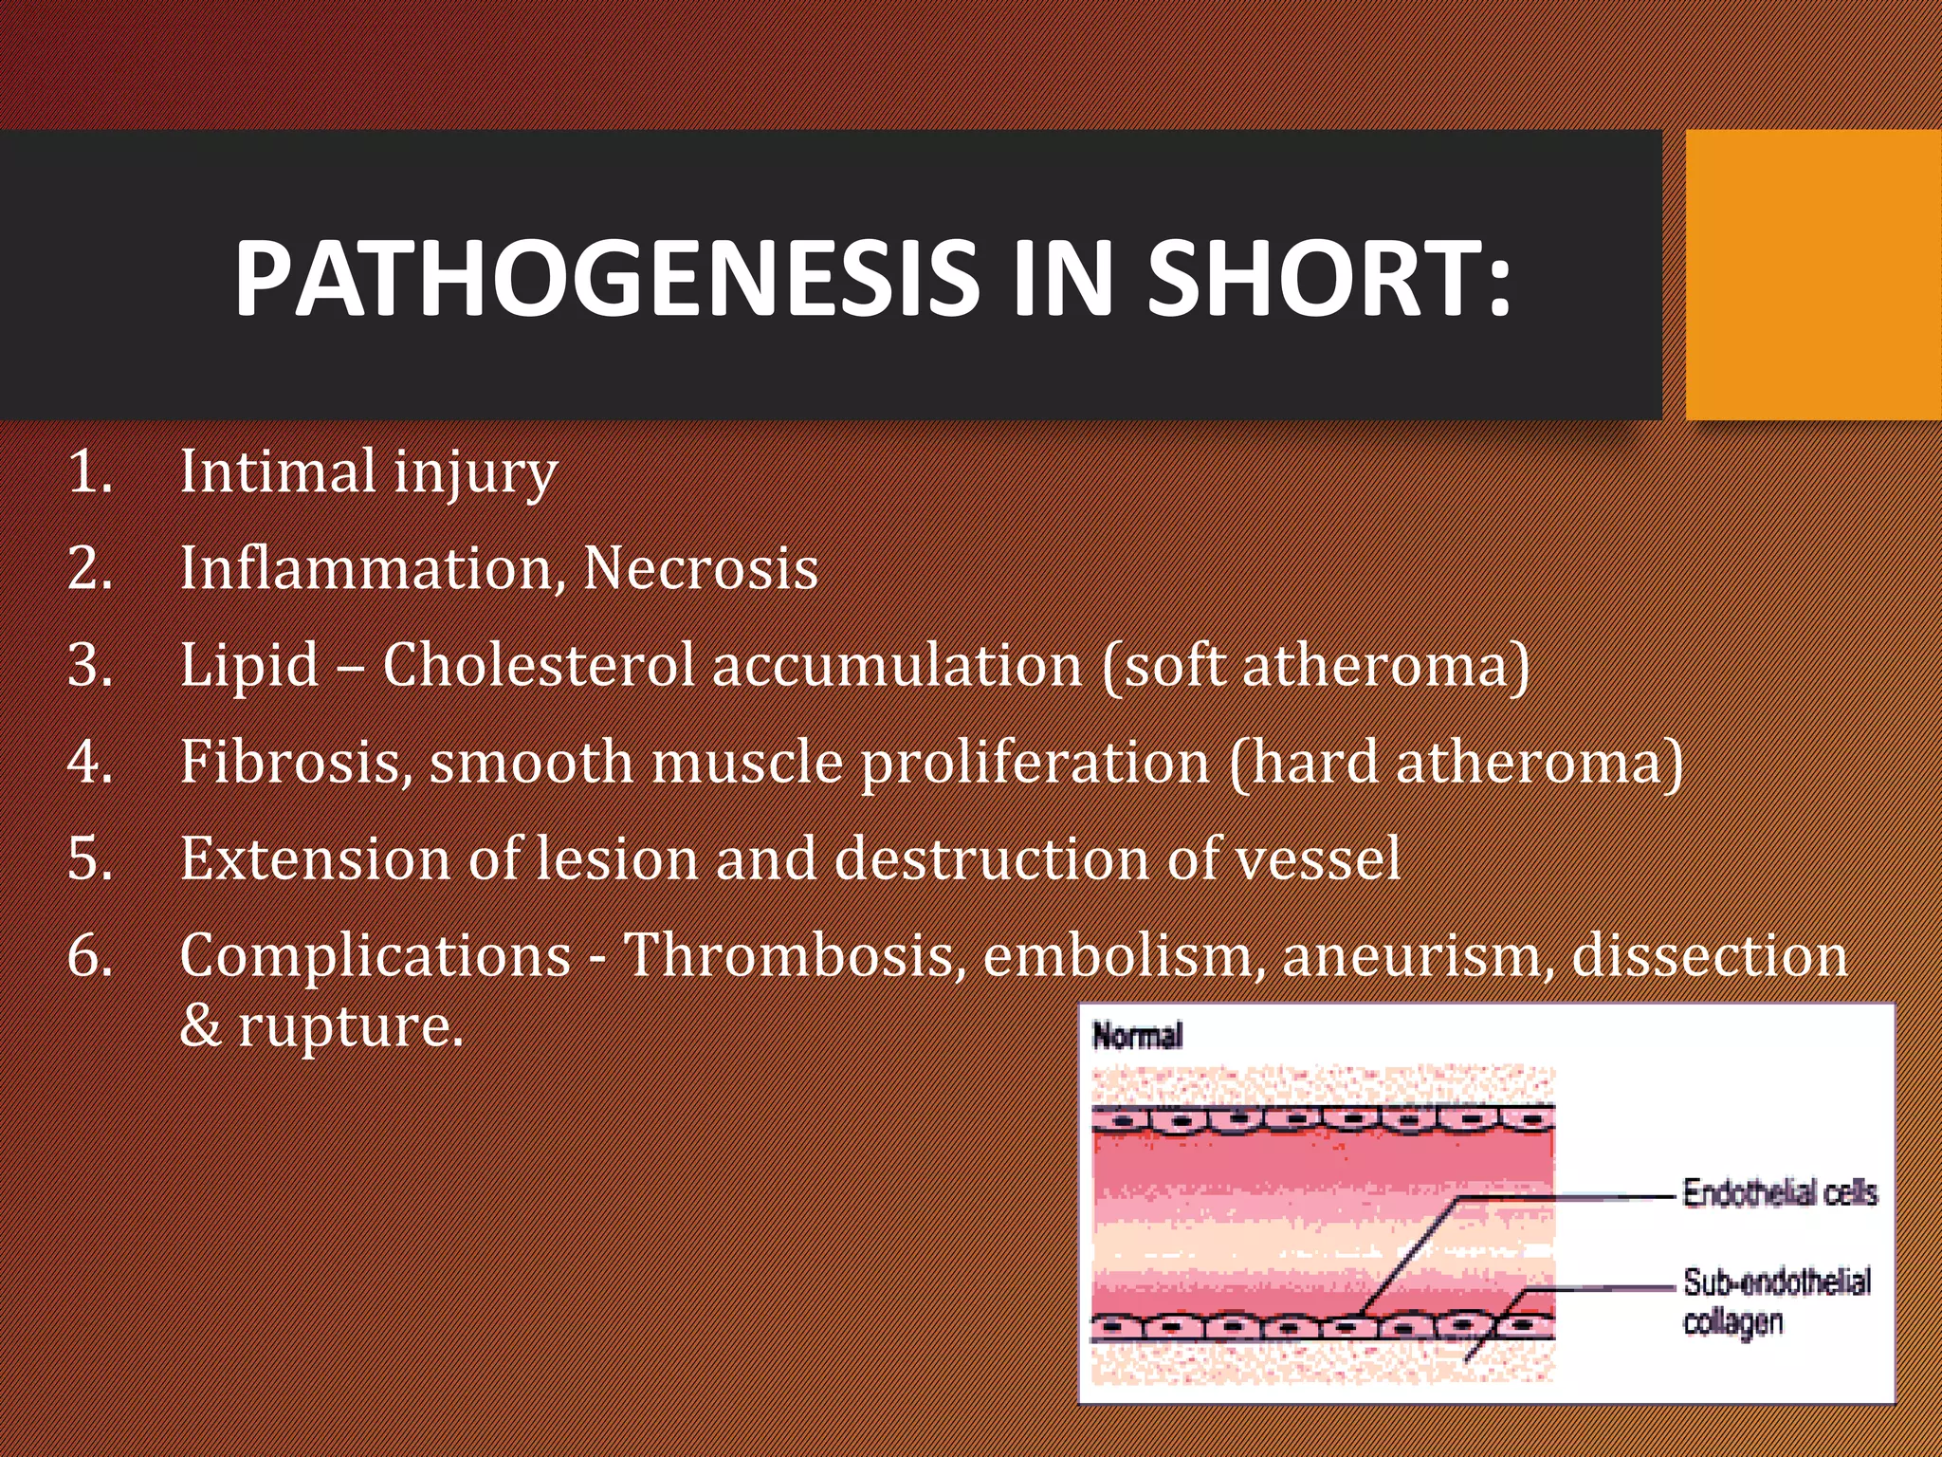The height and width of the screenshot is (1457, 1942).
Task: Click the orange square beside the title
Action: click(x=1813, y=275)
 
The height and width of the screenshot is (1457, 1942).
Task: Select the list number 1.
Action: click(x=90, y=471)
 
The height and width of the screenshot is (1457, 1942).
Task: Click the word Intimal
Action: click(x=277, y=471)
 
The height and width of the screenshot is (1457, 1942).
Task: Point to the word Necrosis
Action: click(x=700, y=568)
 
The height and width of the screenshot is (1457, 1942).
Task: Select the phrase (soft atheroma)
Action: click(x=1316, y=665)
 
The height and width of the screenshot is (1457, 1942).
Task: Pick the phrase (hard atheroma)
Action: click(x=1456, y=762)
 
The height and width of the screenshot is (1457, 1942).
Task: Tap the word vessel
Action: click(x=1307, y=858)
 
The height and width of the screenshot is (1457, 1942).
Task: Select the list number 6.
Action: click(x=90, y=955)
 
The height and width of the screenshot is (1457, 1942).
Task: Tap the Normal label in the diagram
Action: click(x=1138, y=1036)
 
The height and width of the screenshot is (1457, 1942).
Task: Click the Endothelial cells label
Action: click(x=1780, y=1192)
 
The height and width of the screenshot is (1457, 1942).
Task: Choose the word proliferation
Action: click(x=1034, y=762)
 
